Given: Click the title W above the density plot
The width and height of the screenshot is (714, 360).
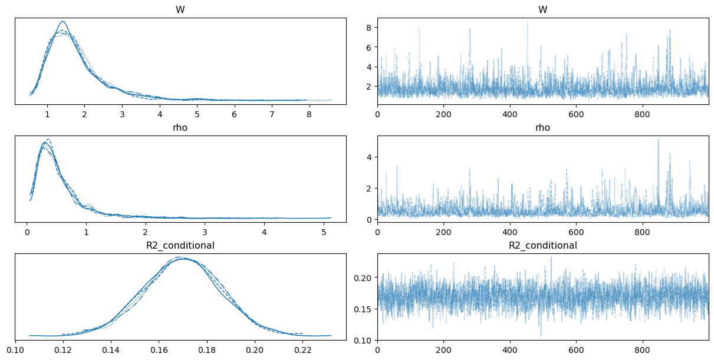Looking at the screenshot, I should coord(180,9).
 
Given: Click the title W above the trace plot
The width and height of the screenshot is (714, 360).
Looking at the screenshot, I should coord(542,9).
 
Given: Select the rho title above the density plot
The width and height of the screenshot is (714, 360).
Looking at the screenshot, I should coord(180,127).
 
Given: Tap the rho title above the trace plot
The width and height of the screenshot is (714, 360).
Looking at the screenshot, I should coord(542,127).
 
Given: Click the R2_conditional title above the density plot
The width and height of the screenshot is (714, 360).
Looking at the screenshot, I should coord(180,245).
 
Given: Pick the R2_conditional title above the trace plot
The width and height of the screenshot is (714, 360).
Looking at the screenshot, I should coord(542,245).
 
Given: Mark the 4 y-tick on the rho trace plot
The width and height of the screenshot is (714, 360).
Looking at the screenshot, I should coord(369,157).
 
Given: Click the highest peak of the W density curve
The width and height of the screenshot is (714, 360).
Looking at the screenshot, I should coord(62,22).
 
